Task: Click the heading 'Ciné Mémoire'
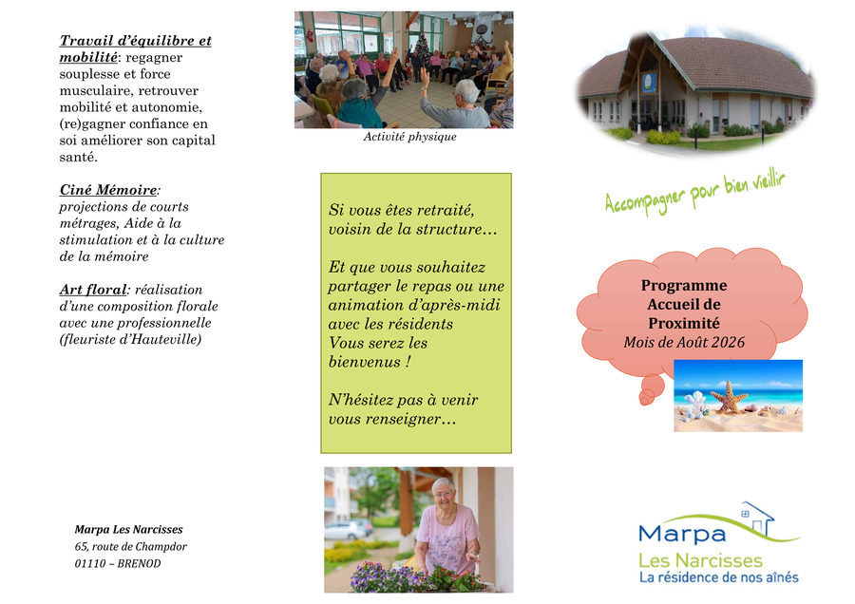click(x=108, y=190)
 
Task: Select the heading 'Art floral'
click(x=93, y=290)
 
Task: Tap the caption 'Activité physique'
click(x=409, y=137)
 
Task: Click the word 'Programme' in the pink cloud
click(x=684, y=286)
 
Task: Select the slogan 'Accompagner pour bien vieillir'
click(x=695, y=194)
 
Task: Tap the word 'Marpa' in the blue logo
click(x=681, y=533)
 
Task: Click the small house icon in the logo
click(x=757, y=519)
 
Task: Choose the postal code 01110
click(x=90, y=564)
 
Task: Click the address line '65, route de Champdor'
click(x=131, y=546)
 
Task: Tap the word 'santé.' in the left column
click(x=79, y=157)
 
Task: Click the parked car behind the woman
click(x=348, y=529)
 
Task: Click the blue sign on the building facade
click(x=648, y=82)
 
